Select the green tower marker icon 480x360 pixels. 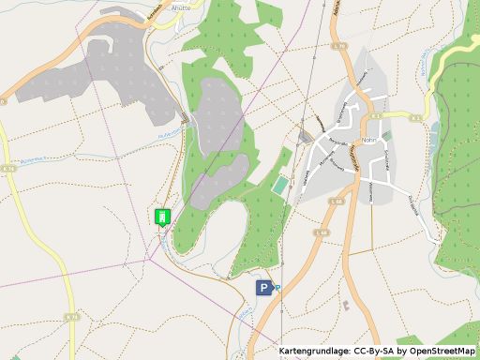161,217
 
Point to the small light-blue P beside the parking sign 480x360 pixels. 277,288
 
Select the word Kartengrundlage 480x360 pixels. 308,352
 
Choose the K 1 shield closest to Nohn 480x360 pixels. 414,115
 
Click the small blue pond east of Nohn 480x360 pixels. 433,127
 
